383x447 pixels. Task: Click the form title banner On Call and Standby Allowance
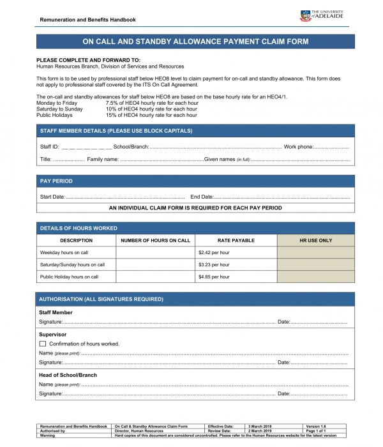(195, 42)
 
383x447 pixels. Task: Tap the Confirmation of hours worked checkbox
(43, 344)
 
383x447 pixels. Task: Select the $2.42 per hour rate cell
(214, 252)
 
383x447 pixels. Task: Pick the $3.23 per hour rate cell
(214, 264)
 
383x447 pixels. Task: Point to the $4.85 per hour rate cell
(214, 277)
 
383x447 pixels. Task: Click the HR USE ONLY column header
(315, 241)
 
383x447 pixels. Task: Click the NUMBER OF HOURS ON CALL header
(156, 241)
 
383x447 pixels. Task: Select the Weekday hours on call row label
(64, 252)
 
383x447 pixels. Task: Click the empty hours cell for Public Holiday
(156, 277)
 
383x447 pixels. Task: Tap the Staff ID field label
(49, 147)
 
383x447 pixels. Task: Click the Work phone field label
(298, 147)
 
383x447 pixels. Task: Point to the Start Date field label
(52, 197)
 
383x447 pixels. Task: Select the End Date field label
(202, 197)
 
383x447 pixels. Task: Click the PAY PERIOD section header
(56, 181)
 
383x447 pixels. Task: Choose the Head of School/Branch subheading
(68, 375)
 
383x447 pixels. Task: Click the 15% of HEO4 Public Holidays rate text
(151, 116)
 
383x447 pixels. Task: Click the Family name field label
(103, 159)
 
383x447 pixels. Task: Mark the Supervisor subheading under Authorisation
(53, 334)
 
